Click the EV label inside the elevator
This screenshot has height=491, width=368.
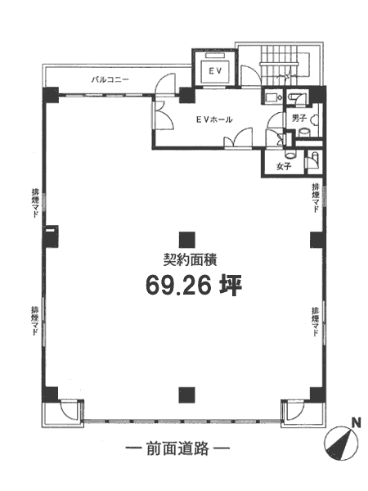click(215, 71)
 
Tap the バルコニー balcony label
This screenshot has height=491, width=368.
click(110, 79)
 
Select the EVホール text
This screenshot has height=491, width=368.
click(214, 119)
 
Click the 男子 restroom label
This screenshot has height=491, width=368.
click(298, 119)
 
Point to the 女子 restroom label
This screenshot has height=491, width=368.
click(284, 167)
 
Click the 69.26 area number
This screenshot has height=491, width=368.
click(177, 286)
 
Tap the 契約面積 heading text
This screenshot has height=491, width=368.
click(191, 260)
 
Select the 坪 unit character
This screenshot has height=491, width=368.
click(231, 286)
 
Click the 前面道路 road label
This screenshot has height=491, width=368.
click(177, 448)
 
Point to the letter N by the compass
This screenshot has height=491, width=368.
click(356, 424)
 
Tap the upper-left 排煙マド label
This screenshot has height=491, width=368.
click(35, 203)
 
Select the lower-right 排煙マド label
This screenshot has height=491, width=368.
click(315, 322)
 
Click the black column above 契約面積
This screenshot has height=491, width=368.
click(187, 240)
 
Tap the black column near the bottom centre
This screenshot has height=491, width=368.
click(187, 395)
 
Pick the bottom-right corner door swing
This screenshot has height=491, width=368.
click(295, 408)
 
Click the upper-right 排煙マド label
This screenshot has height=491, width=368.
click(315, 198)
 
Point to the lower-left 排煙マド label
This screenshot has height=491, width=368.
click(35, 321)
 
